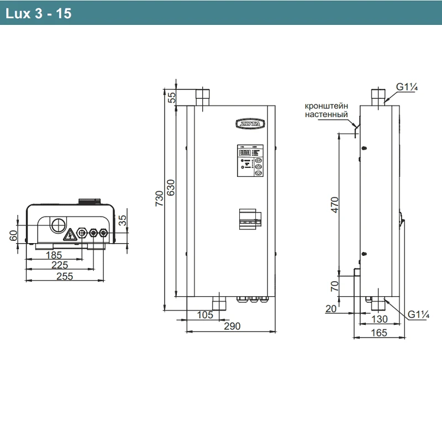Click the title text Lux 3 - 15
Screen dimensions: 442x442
click(38, 14)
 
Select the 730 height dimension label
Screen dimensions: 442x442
click(160, 197)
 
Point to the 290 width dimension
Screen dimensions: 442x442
click(232, 326)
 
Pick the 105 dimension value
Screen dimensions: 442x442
click(204, 314)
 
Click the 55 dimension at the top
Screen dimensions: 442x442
click(171, 97)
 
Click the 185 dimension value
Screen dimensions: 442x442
click(53, 255)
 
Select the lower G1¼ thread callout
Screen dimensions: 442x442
click(418, 314)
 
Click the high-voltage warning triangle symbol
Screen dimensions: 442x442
click(70, 236)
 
